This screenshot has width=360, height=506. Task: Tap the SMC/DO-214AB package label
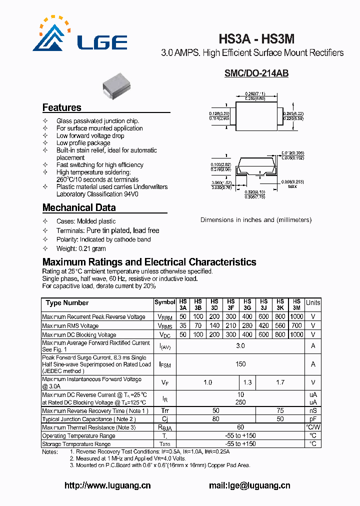click(x=256, y=73)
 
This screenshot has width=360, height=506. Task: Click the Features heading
click(x=61, y=107)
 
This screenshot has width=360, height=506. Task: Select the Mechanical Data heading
click(x=79, y=207)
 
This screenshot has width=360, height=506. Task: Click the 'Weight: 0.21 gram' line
click(x=81, y=248)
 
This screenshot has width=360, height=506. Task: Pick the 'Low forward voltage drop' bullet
click(x=90, y=135)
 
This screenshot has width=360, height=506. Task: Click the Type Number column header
click(x=67, y=303)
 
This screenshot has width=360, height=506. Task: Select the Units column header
click(x=313, y=303)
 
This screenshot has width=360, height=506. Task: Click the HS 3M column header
click(x=296, y=305)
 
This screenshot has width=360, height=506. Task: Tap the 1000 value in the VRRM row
click(x=296, y=317)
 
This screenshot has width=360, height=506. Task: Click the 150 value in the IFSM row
click(x=240, y=364)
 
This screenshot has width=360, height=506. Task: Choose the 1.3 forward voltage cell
click(x=247, y=382)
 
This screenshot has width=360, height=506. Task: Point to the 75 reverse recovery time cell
click(x=280, y=410)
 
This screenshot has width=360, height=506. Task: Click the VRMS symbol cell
click(x=164, y=326)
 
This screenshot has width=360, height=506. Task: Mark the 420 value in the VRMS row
click(x=263, y=326)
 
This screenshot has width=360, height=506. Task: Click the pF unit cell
click(x=313, y=419)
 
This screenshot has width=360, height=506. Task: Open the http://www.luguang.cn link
click(x=107, y=485)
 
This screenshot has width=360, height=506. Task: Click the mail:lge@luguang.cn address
click(x=249, y=485)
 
